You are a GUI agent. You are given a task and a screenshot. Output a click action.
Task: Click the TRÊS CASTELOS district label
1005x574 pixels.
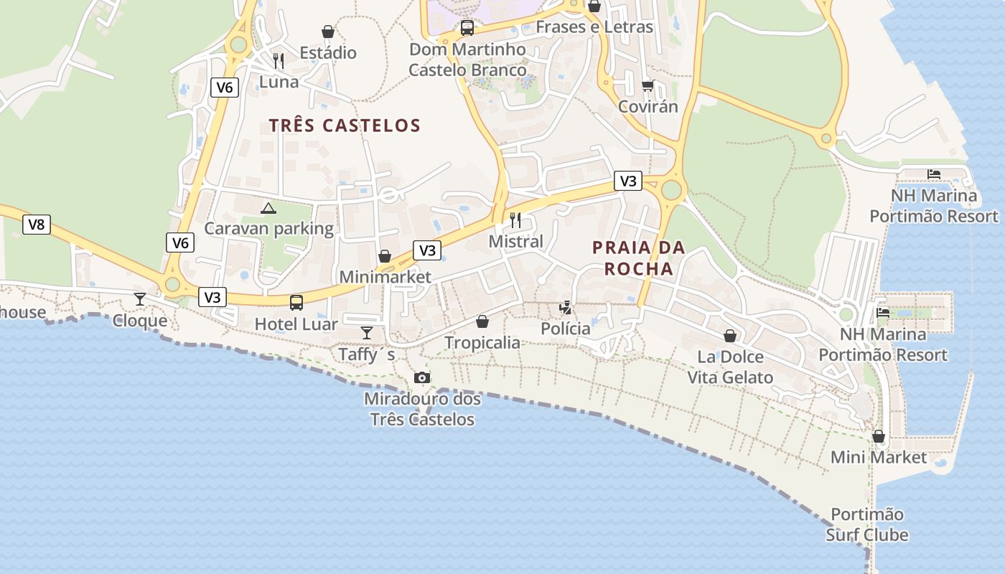(x=345, y=126)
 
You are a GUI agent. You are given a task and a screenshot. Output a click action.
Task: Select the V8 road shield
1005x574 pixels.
(x=36, y=225)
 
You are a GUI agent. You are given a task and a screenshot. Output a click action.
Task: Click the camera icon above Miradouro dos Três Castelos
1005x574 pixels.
(x=422, y=377)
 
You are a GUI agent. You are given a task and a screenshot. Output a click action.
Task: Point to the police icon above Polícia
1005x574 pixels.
(x=566, y=308)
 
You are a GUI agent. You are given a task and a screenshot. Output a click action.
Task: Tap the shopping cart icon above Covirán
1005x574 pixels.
(x=648, y=86)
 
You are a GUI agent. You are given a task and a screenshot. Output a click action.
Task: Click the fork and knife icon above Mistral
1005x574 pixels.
(x=515, y=220)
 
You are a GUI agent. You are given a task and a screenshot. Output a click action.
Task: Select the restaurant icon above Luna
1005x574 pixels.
(x=279, y=60)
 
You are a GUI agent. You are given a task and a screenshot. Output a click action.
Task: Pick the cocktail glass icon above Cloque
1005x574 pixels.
(x=140, y=299)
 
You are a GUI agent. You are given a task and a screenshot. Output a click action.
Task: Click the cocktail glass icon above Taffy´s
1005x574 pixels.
(x=367, y=332)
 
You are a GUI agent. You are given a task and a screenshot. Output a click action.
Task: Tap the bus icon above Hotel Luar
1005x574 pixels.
(x=296, y=303)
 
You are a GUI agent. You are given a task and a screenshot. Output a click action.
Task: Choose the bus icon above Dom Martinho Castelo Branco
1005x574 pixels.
(x=467, y=28)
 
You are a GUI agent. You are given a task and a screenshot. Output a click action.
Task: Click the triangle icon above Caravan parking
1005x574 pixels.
(x=268, y=208)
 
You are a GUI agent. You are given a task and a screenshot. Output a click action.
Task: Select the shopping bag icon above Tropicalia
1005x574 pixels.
(x=482, y=321)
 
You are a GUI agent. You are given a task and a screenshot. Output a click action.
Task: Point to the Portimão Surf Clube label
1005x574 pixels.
(x=867, y=524)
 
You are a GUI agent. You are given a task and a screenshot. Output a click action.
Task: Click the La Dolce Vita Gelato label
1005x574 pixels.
(x=730, y=367)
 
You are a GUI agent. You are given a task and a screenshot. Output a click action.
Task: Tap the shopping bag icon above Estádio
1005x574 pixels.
(x=328, y=32)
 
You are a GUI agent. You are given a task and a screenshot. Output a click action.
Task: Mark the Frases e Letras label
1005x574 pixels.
(x=594, y=27)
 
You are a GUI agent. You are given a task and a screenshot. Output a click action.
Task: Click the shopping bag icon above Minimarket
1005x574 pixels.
(x=385, y=256)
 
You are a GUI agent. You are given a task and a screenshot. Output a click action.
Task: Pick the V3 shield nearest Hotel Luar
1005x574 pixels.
(x=213, y=297)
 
